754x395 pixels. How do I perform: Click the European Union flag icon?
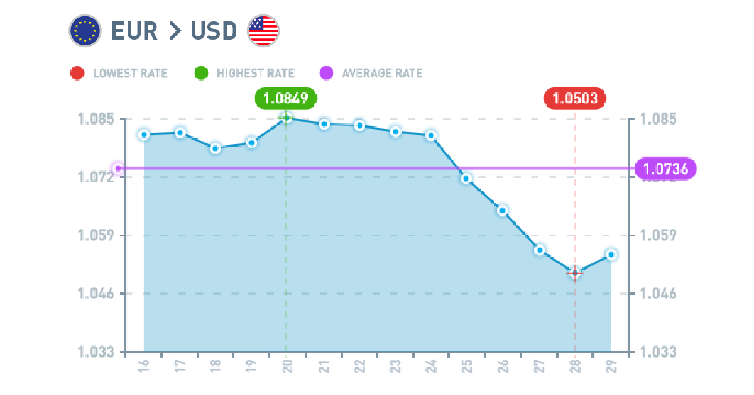[85, 31]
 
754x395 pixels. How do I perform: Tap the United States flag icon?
[263, 31]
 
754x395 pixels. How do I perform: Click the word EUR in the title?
[134, 31]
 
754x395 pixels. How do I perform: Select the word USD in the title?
[213, 31]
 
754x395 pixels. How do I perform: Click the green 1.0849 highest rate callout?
[286, 98]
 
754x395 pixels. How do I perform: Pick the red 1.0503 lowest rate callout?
[575, 98]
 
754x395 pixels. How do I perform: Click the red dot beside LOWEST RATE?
[77, 73]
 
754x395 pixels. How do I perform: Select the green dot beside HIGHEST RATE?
[201, 73]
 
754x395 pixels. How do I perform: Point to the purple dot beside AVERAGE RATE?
[326, 73]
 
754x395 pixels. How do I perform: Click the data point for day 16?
[144, 135]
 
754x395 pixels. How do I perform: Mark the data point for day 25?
[466, 179]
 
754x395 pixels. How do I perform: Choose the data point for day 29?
[611, 255]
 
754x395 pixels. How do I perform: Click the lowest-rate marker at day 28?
[574, 273]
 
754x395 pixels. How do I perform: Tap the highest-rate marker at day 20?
[287, 118]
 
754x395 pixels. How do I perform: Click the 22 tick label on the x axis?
[359, 367]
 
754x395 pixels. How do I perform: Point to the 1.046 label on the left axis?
[96, 294]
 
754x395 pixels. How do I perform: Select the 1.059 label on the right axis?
[658, 235]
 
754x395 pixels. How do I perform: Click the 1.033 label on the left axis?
[96, 352]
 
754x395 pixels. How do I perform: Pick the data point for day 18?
[216, 148]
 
